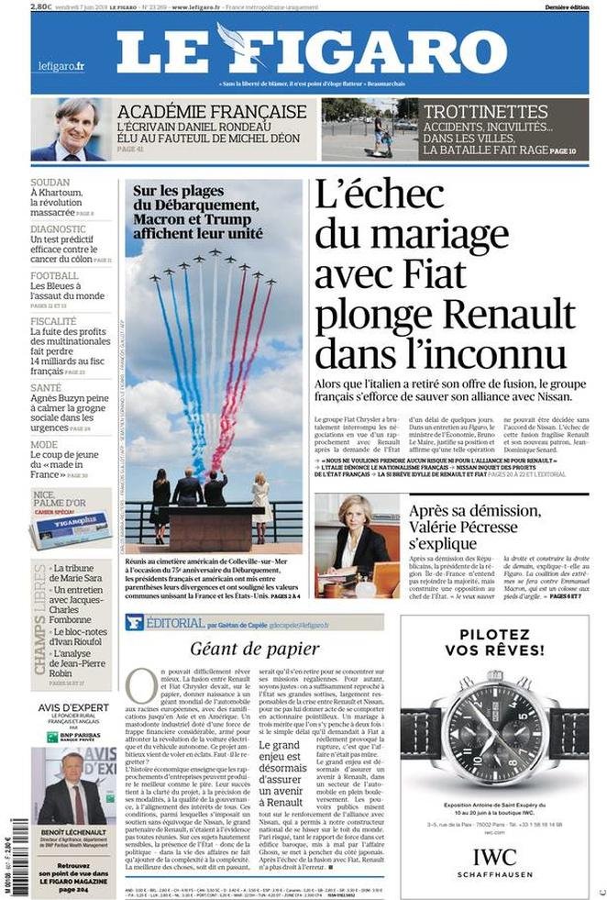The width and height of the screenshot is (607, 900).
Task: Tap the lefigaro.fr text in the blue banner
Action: tap(61, 66)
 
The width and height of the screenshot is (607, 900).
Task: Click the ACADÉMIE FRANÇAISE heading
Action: tap(212, 111)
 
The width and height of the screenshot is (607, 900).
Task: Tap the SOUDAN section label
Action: tap(50, 183)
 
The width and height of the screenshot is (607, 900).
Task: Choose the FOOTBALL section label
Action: tap(54, 276)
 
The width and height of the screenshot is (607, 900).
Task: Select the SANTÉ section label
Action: tap(47, 388)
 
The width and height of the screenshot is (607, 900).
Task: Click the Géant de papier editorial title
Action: tap(254, 649)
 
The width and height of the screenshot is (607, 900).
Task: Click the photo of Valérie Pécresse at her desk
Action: tap(356, 547)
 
